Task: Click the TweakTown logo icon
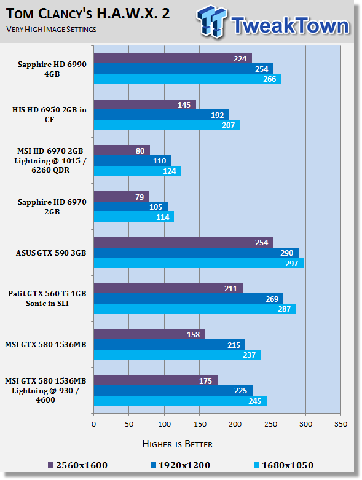(212, 22)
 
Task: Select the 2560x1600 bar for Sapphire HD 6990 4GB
(173, 58)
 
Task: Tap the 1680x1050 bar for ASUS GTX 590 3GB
(199, 263)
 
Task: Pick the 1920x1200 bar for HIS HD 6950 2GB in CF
(162, 115)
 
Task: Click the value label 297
(291, 263)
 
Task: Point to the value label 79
(140, 197)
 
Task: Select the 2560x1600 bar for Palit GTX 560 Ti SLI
(168, 288)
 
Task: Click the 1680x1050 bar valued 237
(178, 355)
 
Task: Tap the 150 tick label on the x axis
(200, 424)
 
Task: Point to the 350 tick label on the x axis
(341, 424)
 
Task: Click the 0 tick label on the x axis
(93, 424)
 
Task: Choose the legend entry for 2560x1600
(78, 465)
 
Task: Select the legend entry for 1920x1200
(181, 465)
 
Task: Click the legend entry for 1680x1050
(284, 465)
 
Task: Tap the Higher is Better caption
(178, 444)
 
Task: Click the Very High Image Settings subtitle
(52, 30)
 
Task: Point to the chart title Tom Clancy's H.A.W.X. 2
(88, 14)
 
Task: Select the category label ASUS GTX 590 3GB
(51, 253)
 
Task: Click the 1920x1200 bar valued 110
(133, 160)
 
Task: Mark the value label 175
(206, 380)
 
